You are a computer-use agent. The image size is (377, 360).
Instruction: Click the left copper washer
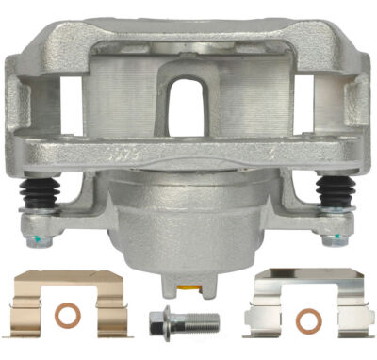[x=67, y=314]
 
